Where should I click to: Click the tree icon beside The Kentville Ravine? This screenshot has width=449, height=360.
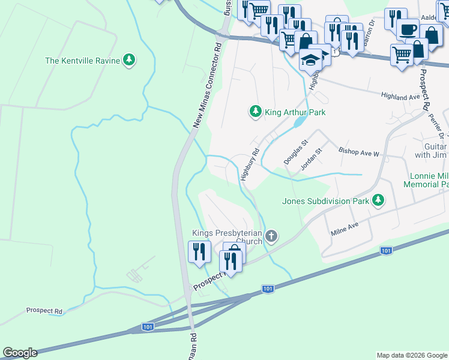(x=128, y=60)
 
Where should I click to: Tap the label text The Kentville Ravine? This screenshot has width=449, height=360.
(x=82, y=61)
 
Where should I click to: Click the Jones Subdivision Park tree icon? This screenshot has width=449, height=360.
(x=378, y=200)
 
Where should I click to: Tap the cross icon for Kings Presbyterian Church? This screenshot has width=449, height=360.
(x=271, y=236)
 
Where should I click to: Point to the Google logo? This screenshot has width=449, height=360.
(x=20, y=353)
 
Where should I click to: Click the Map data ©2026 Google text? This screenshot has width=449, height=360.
(x=412, y=355)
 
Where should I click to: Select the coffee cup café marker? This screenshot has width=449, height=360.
(x=408, y=29)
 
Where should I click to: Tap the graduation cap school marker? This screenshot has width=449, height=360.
(x=310, y=60)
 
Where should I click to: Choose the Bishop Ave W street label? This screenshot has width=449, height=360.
(x=359, y=153)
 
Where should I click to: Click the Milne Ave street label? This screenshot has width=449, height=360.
(x=344, y=228)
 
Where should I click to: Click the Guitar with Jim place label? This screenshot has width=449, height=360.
(x=431, y=150)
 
